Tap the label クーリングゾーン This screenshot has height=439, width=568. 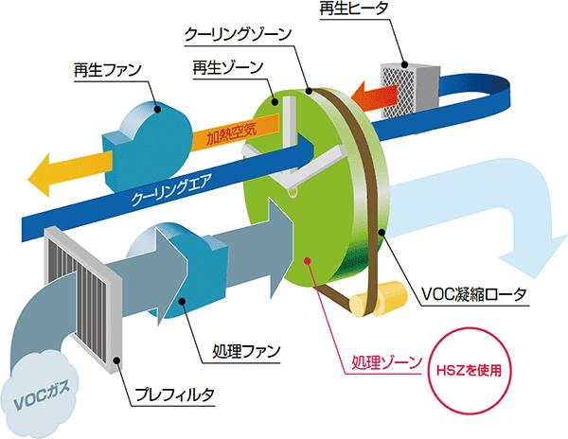pyautogui.click(x=240, y=34)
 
